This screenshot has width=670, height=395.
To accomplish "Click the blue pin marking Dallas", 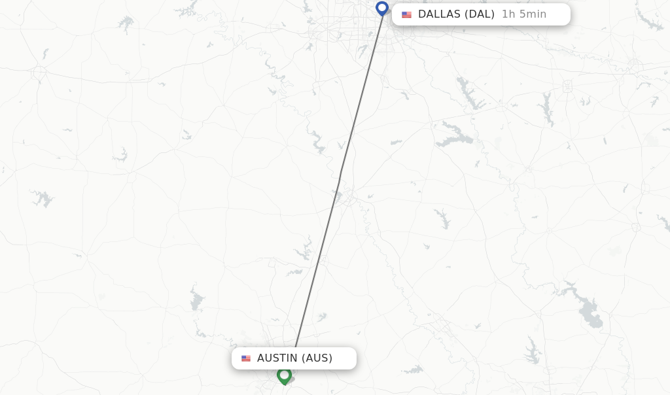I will click(x=382, y=9).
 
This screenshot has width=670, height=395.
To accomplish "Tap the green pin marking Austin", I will click(x=284, y=376).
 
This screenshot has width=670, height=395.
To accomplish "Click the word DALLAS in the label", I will click(x=439, y=14).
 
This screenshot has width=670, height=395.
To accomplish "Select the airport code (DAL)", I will click(x=480, y=14).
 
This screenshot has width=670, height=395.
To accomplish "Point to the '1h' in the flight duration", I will click(x=508, y=14).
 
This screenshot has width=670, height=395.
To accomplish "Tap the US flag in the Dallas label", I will click(x=407, y=15).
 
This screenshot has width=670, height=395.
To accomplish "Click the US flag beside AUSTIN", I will click(x=246, y=358).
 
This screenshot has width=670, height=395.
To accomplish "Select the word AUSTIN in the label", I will click(x=277, y=358).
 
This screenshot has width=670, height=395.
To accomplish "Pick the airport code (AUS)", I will click(x=317, y=358).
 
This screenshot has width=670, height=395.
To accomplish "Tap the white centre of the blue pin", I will click(x=382, y=7).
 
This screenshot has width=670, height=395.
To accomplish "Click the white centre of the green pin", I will click(x=284, y=374).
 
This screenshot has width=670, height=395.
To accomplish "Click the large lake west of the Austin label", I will click(x=196, y=301).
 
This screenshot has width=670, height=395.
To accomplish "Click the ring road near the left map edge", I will click(x=39, y=72).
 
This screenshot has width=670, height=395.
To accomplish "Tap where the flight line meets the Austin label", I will click(x=296, y=347).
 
